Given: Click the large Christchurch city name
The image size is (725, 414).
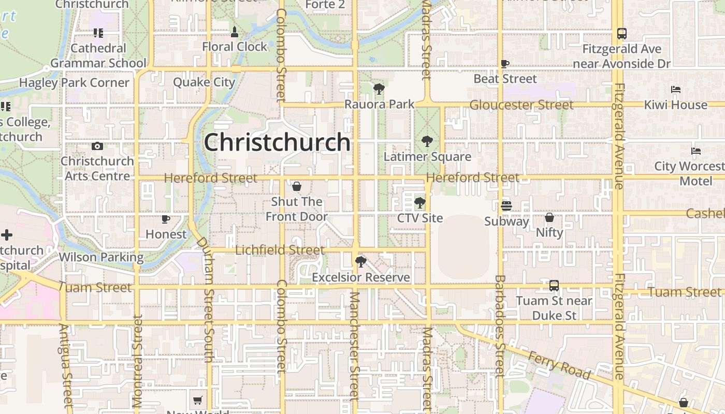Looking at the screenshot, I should click(277, 142).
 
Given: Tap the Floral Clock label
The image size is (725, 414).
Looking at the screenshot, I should click(235, 47).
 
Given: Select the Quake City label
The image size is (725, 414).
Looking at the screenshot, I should click(204, 82).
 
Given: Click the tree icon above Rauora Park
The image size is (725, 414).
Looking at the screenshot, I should click(379, 89).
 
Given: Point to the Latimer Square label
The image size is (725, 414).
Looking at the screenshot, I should click(427, 156).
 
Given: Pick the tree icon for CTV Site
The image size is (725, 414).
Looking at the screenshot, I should click(420, 202).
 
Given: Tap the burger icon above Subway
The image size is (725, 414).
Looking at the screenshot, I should click(506, 206).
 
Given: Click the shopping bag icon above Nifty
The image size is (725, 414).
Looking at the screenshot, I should click(549, 217).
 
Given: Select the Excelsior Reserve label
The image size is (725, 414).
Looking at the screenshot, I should click(361, 277).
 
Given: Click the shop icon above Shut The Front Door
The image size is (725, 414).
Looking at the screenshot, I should click(297, 186).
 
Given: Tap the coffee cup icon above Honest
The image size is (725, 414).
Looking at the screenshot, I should click(166, 219).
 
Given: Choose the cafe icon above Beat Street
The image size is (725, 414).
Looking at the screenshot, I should click(505, 64).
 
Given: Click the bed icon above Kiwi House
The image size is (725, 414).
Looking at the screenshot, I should click(676, 90).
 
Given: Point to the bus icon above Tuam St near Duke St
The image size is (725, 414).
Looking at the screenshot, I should click(554, 285).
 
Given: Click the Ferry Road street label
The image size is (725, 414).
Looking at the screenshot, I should click(559, 364).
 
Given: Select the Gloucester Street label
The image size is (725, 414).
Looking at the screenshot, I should click(521, 105).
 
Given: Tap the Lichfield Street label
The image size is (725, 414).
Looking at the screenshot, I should click(280, 250).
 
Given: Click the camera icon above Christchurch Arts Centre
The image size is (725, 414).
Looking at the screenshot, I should click(97, 146).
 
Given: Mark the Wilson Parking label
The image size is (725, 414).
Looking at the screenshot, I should click(101, 257).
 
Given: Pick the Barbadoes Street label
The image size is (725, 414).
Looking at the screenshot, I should click(499, 326).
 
